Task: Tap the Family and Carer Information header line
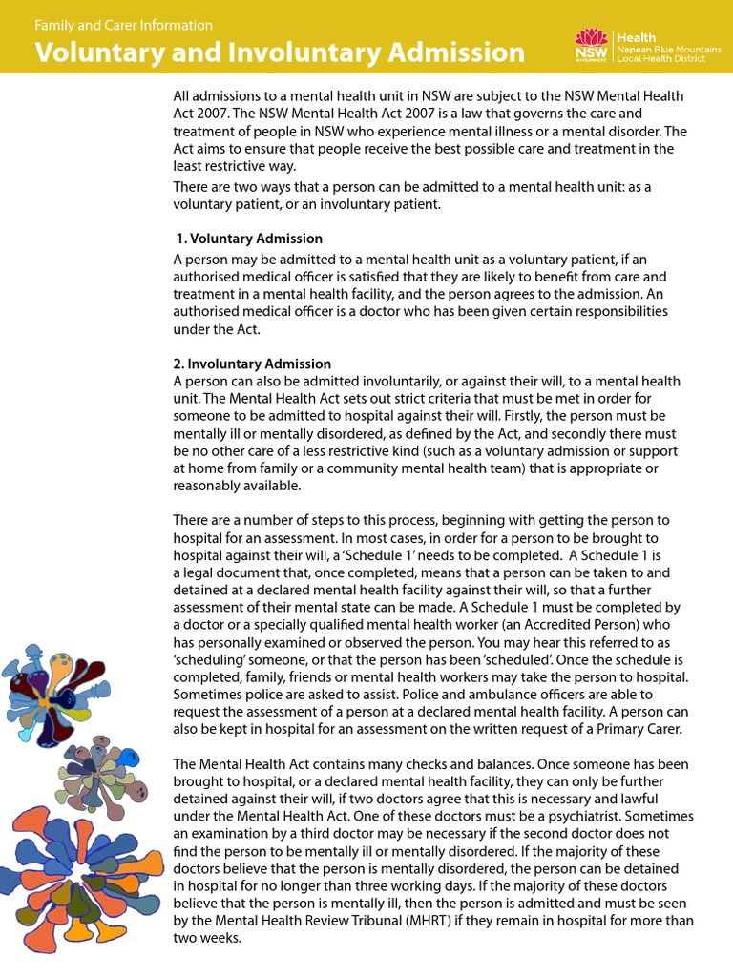click(124, 25)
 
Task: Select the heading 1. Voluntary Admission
click(250, 239)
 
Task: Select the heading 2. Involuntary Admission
click(252, 364)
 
